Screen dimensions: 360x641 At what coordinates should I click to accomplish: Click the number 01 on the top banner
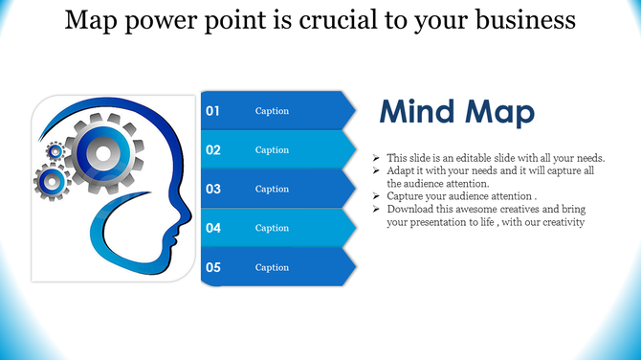213,111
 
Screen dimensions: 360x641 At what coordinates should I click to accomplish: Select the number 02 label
213,150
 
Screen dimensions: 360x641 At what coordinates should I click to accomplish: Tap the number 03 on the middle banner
213,189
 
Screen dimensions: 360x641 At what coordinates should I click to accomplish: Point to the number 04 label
213,228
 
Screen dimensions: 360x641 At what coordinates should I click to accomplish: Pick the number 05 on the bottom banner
213,267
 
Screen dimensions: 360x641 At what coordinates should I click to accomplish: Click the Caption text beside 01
272,111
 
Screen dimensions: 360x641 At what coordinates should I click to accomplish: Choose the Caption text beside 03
272,189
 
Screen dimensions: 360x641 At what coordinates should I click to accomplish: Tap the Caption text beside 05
272,267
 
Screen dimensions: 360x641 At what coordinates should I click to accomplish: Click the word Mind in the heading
417,113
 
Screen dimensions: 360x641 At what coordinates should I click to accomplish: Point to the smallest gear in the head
55,149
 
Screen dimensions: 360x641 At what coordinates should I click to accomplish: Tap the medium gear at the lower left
52,179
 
